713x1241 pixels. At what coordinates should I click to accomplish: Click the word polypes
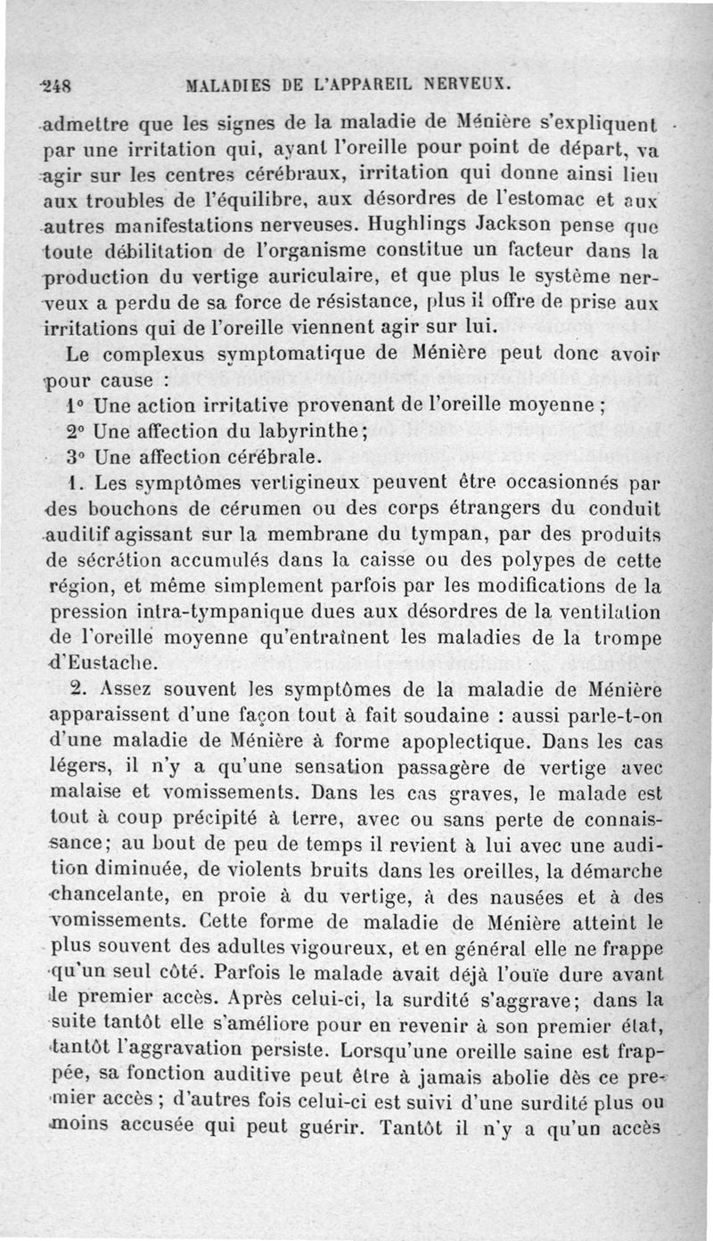[558, 562]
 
